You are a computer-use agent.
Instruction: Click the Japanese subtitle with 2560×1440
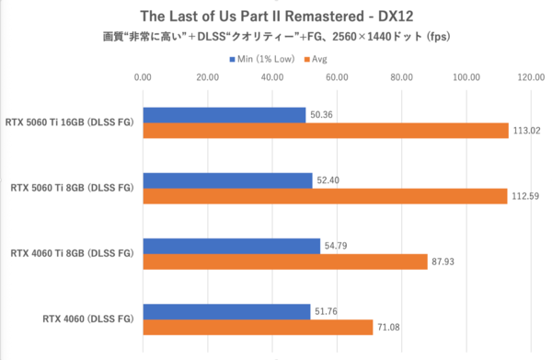coord(275,38)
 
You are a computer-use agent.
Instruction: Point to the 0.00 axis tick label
coord(143,77)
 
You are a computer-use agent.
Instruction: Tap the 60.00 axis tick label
coord(337,77)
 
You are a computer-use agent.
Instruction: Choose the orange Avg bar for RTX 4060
coord(258,327)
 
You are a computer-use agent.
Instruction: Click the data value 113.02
coord(524,131)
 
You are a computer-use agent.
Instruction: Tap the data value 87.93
coord(443,262)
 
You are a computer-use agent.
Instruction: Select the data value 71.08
coord(387,327)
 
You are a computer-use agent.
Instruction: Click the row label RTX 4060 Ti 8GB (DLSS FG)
coord(72,253)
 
